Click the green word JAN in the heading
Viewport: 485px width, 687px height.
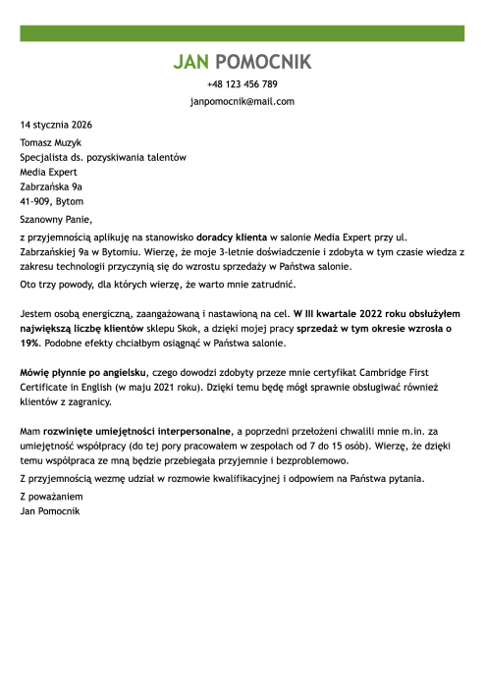point(190,63)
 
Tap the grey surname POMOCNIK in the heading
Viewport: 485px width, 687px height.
point(262,63)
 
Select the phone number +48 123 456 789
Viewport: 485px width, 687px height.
point(242,84)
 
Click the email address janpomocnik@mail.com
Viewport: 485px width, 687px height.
point(242,101)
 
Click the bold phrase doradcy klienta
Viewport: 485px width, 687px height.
point(232,238)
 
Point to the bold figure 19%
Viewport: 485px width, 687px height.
point(31,343)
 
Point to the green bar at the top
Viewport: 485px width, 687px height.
point(242,32)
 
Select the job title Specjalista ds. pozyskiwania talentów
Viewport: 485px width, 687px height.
point(103,157)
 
